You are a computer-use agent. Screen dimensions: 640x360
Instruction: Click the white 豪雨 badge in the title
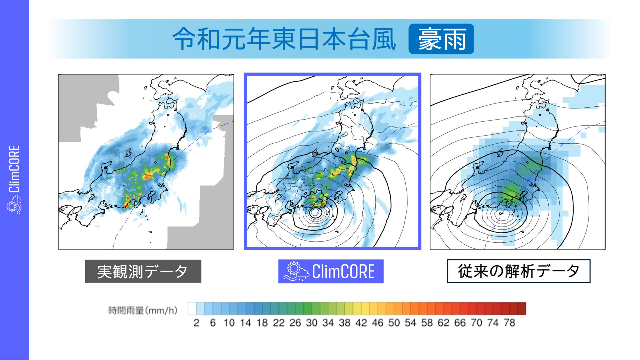click(441, 39)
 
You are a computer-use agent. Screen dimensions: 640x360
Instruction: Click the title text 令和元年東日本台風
click(284, 39)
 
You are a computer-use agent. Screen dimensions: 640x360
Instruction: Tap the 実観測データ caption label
click(143, 271)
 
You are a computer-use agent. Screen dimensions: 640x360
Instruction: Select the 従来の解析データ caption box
click(518, 271)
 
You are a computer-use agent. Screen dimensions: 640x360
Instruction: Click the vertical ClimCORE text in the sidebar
click(14, 169)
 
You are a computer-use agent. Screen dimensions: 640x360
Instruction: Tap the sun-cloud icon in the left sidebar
click(14, 204)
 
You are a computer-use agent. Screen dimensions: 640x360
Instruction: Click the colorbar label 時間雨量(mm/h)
click(143, 310)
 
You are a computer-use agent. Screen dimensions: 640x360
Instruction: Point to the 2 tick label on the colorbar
click(196, 323)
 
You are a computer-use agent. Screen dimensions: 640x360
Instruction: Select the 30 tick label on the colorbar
click(312, 323)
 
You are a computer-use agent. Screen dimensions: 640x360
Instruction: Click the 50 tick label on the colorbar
click(394, 323)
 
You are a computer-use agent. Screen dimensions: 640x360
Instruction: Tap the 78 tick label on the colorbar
click(509, 323)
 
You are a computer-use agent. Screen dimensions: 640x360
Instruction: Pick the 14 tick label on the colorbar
click(246, 323)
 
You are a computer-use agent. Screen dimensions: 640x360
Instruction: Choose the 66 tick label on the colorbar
click(460, 323)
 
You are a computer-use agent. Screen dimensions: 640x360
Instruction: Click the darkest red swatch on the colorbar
click(522, 309)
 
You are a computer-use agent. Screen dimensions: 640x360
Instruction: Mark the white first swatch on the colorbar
click(192, 309)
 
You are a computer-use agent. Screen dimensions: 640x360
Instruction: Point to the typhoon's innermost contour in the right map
click(501, 213)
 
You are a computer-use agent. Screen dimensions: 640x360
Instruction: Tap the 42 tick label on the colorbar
click(361, 323)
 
